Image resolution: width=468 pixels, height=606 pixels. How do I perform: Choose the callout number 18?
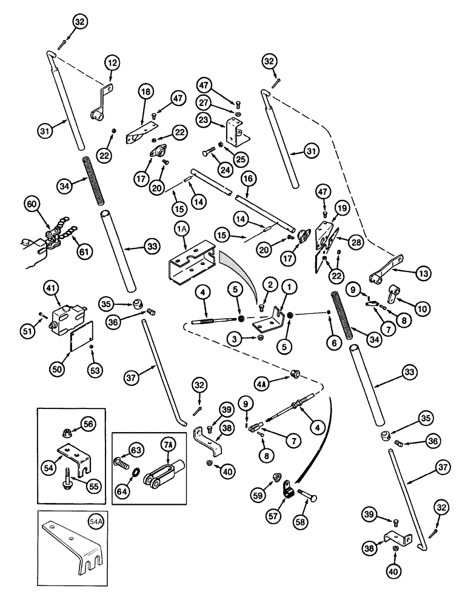tap(145, 93)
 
